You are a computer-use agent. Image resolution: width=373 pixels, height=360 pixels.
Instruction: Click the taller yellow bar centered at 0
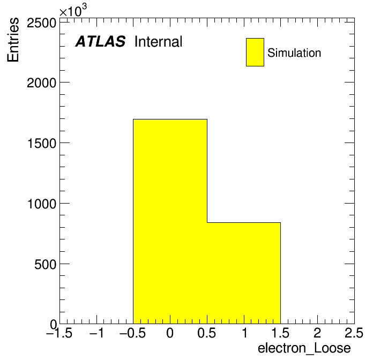[170, 221]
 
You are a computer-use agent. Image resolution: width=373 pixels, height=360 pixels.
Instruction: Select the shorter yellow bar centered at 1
[244, 273]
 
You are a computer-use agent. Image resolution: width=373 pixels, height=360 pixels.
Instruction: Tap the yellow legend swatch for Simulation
[255, 52]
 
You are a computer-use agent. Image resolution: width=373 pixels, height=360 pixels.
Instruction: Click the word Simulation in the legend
[294, 53]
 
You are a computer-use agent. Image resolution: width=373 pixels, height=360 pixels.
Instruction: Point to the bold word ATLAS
[100, 41]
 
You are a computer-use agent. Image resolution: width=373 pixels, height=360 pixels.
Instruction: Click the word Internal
[159, 41]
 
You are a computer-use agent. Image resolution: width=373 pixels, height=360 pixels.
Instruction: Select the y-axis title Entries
[13, 40]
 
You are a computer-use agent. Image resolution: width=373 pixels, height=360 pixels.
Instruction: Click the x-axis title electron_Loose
[304, 348]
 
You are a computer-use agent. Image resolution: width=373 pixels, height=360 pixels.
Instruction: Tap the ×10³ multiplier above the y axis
[73, 10]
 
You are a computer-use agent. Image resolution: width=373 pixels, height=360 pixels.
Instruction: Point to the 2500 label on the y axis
[41, 23]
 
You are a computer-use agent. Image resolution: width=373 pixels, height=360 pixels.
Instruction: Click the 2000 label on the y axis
[41, 83]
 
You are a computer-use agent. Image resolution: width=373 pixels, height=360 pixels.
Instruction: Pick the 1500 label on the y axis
[42, 144]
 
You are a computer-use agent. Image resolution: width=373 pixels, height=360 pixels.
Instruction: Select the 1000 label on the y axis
[42, 204]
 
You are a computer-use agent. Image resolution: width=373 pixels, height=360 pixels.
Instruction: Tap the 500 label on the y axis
[45, 264]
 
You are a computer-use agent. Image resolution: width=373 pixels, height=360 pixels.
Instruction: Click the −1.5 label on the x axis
[59, 333]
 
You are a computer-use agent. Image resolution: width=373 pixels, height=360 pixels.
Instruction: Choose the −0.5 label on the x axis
[133, 333]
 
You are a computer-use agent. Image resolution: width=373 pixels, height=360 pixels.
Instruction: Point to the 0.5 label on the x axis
[207, 333]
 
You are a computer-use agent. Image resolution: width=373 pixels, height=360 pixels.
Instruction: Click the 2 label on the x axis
[317, 333]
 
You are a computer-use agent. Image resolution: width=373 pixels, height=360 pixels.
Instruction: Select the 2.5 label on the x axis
[354, 333]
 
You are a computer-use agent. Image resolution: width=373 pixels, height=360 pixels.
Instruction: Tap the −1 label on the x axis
[96, 333]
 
